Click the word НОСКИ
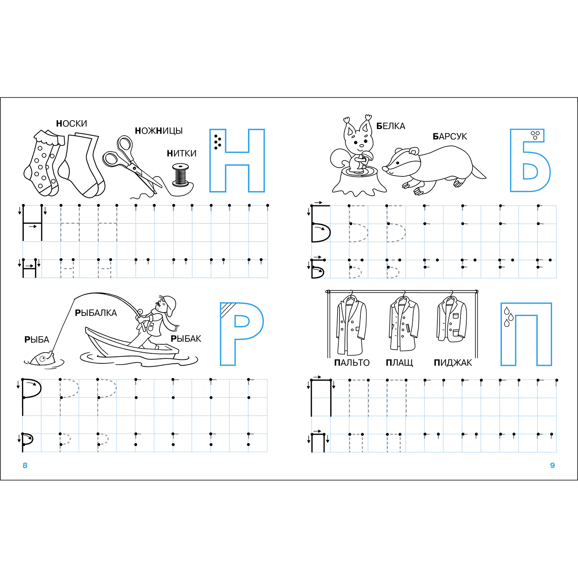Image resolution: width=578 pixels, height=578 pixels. click(x=72, y=124)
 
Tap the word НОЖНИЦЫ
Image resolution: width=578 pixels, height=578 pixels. click(x=159, y=131)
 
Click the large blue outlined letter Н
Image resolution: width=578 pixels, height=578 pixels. click(x=237, y=160)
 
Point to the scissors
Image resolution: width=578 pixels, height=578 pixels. click(x=131, y=164)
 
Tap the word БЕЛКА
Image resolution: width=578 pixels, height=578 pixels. click(x=391, y=126)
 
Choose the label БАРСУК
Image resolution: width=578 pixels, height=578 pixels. click(x=450, y=137)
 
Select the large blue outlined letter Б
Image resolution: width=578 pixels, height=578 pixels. click(x=529, y=160)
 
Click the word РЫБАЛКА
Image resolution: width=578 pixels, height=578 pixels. click(x=96, y=313)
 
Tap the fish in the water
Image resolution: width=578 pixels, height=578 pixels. click(x=42, y=359)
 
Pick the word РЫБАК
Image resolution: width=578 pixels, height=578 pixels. click(x=186, y=339)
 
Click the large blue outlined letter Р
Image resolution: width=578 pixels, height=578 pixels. click(x=241, y=334)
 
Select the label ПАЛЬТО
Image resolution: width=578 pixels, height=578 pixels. click(x=352, y=363)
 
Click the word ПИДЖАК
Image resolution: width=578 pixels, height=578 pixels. click(x=453, y=363)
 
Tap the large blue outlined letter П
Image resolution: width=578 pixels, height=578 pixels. click(x=526, y=334)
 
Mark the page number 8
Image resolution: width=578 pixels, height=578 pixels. click(x=25, y=465)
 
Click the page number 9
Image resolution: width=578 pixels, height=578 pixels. click(x=553, y=465)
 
